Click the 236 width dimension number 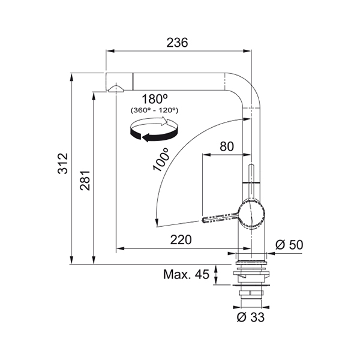coord(177,43)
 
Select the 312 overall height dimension coord(63,163)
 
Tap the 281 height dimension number coord(85,181)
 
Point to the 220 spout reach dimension coord(181,239)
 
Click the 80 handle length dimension coord(227,146)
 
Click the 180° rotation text coord(155,99)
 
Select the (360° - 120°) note coord(155,110)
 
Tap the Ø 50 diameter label coord(289,245)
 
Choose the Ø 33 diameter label coord(250,317)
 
